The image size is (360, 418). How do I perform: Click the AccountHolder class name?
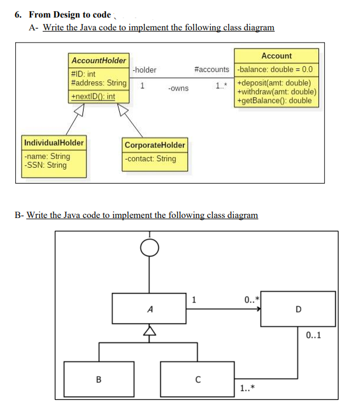(x=98, y=60)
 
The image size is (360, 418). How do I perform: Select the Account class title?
(x=276, y=56)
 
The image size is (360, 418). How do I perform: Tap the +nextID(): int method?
(x=93, y=96)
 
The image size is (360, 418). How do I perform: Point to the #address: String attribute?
(x=98, y=83)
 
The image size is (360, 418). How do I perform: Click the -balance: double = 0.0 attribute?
(x=275, y=70)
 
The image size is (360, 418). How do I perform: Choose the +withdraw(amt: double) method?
(x=276, y=91)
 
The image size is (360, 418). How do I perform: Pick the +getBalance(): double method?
(x=274, y=100)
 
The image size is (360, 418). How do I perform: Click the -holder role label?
(x=144, y=70)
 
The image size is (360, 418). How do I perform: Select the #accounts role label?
(x=212, y=70)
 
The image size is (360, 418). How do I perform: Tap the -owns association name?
(x=178, y=88)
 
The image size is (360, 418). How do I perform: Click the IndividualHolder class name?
(x=54, y=142)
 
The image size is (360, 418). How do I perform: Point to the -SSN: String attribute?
(x=46, y=165)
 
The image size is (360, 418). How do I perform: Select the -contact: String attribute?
(x=150, y=158)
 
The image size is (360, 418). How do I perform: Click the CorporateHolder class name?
(x=154, y=144)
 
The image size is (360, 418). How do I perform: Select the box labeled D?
(x=298, y=309)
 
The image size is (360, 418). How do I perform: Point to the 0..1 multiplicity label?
(x=313, y=335)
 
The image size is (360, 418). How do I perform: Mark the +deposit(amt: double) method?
(x=273, y=82)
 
